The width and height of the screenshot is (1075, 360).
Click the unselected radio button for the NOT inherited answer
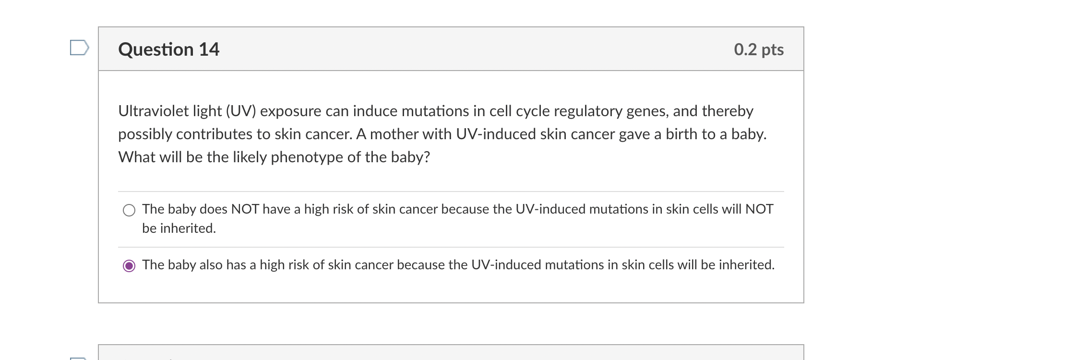pos(129,210)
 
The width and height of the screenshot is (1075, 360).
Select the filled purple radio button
pos(129,265)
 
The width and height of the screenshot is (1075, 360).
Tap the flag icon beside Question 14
pos(79,48)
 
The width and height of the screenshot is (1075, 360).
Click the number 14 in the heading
pos(209,49)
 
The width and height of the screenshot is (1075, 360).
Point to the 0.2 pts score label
pos(758,49)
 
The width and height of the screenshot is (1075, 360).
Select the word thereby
pos(728,111)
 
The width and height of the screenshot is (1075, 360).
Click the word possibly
pos(145,134)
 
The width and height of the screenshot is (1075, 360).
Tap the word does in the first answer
pos(214,209)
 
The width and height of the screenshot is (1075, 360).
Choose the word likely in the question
pos(250,157)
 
